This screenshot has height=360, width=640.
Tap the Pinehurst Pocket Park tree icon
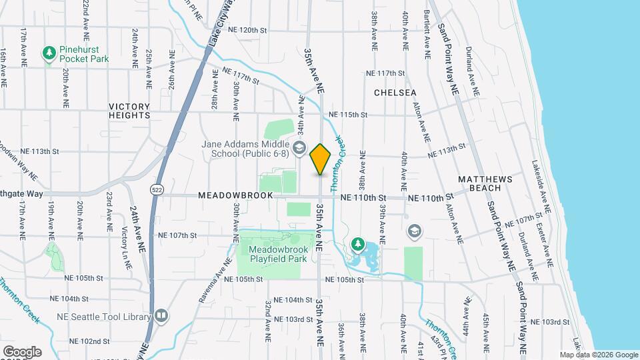point(49,53)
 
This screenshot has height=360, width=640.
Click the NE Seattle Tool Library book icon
point(161,315)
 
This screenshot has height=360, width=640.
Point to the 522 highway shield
point(155,189)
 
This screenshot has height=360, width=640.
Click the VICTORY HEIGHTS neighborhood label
point(129,111)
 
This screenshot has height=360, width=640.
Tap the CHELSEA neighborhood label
point(395,93)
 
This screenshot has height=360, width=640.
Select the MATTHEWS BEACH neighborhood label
point(485,184)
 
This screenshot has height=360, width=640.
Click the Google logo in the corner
point(21,351)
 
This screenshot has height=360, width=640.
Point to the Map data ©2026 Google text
point(599,355)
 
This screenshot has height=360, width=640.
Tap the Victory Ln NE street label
point(125,247)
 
